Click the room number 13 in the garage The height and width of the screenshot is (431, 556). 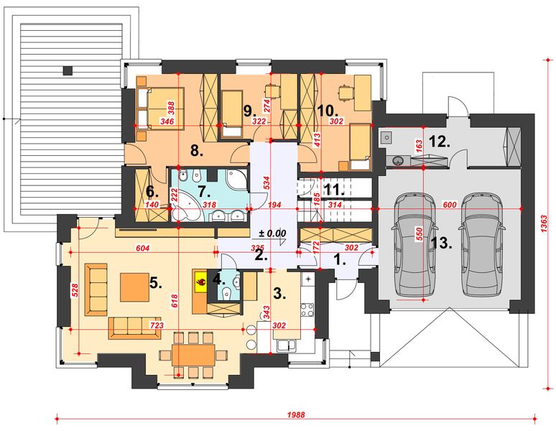[442, 244]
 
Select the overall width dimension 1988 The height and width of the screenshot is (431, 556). [296, 414]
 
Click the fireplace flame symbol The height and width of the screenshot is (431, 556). [200, 282]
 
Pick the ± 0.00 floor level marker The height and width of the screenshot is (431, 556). [272, 233]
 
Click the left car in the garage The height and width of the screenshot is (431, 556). [414, 245]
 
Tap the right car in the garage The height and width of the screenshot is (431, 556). [482, 245]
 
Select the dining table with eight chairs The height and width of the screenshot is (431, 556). [193, 354]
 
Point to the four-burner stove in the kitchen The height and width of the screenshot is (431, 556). [307, 310]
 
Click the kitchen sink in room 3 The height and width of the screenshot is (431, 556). [287, 346]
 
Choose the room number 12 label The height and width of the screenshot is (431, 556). [440, 142]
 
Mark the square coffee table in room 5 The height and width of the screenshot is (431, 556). [134, 287]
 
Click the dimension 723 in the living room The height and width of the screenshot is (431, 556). [157, 325]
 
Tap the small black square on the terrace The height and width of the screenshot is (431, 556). [68, 70]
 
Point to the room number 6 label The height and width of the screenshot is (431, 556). [152, 192]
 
